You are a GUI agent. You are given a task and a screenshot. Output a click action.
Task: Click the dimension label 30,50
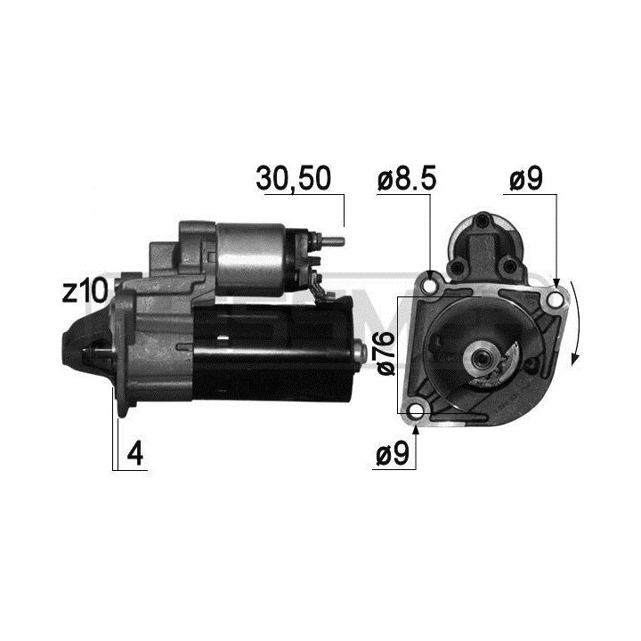point(293,179)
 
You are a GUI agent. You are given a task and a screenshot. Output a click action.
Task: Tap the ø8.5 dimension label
point(407,179)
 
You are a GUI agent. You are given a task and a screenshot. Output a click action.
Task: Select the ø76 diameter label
point(385,353)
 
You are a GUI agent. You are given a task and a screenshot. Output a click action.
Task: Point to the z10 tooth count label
point(85,291)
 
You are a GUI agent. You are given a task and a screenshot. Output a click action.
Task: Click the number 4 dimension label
point(135,453)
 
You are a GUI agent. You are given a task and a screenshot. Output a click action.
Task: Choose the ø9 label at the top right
point(526,179)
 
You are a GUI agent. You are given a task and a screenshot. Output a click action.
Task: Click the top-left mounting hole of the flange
point(430,286)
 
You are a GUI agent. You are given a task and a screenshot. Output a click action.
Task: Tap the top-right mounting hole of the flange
point(555,301)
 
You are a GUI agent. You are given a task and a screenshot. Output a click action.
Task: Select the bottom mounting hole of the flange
point(416,411)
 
